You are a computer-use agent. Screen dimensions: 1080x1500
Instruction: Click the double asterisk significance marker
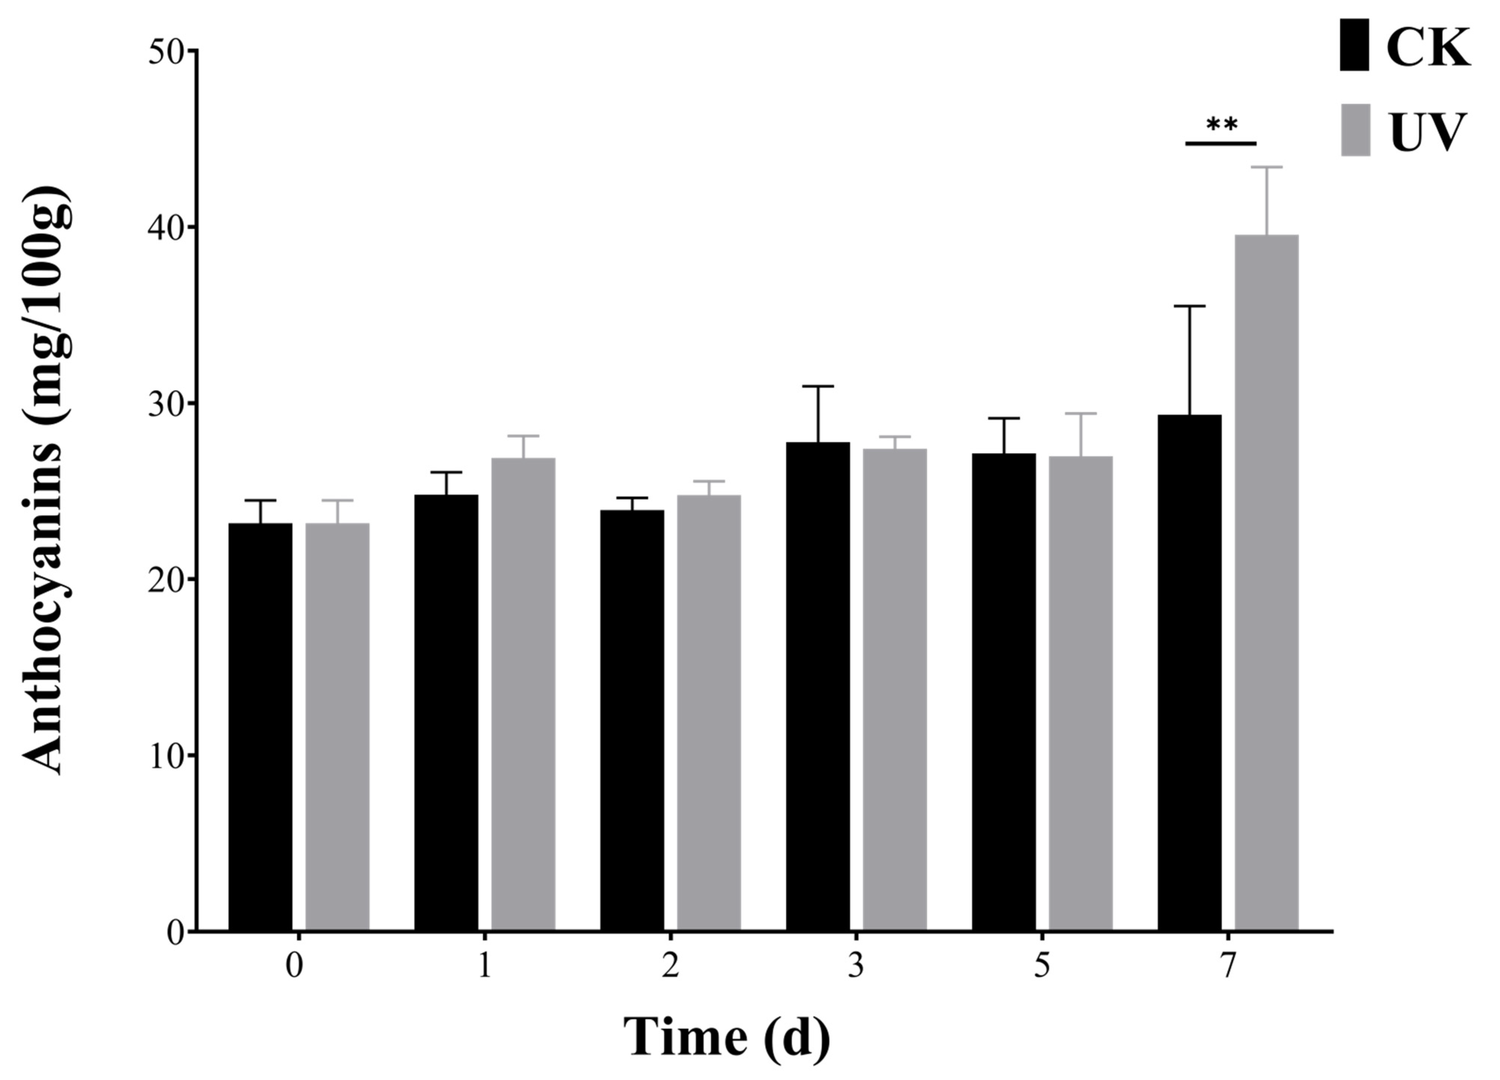tap(1221, 124)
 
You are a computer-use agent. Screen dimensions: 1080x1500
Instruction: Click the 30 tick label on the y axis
tap(165, 404)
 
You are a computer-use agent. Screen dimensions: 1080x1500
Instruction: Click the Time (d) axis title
tap(726, 1038)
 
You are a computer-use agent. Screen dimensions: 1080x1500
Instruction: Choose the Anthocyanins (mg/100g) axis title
tap(45, 480)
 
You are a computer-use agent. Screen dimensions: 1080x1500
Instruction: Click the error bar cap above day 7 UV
tap(1266, 167)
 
